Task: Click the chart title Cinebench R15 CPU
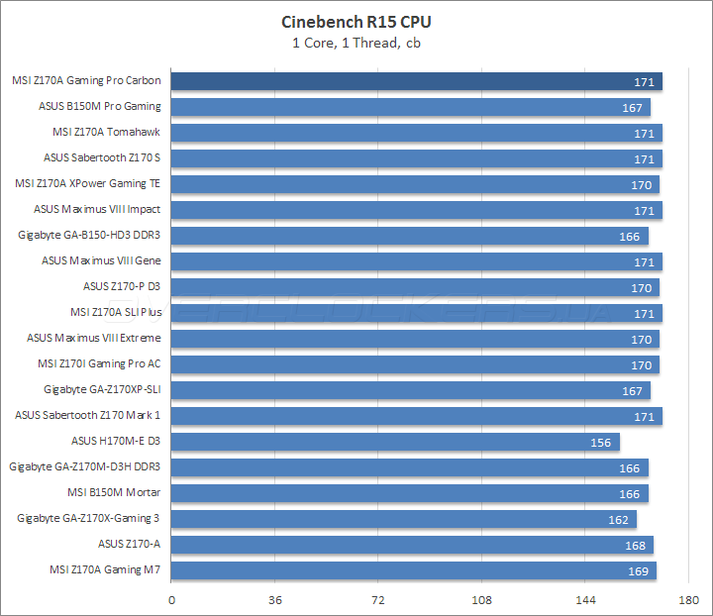(x=356, y=22)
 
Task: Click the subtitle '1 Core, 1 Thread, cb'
(x=356, y=42)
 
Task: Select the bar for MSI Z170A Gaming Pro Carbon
(x=416, y=81)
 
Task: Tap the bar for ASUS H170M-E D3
(x=395, y=442)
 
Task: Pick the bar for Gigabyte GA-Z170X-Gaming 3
(x=404, y=519)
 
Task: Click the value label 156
(x=600, y=442)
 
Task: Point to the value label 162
(x=617, y=519)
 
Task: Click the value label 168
(x=634, y=545)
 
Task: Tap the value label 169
(x=637, y=570)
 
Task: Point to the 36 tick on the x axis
(x=275, y=600)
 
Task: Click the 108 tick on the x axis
(x=481, y=600)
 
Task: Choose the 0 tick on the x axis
(x=172, y=600)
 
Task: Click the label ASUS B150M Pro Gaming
(x=99, y=106)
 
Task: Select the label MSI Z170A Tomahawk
(x=106, y=132)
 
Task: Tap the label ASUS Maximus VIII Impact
(x=97, y=209)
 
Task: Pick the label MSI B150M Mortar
(x=114, y=492)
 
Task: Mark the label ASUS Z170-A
(x=129, y=544)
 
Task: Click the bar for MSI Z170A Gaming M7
(x=414, y=570)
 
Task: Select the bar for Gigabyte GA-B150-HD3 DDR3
(x=410, y=236)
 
